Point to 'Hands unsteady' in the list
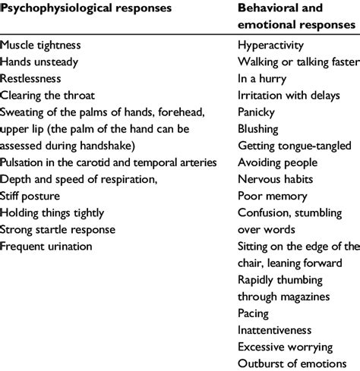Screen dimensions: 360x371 pyautogui.click(x=39, y=62)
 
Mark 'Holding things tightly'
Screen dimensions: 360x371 pyautogui.click(x=52, y=212)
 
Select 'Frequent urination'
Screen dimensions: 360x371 pyautogui.click(x=47, y=245)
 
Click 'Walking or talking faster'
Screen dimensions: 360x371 pyautogui.click(x=298, y=62)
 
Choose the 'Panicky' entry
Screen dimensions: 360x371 pyautogui.click(x=258, y=112)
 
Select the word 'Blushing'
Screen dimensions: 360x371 pyautogui.click(x=259, y=129)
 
